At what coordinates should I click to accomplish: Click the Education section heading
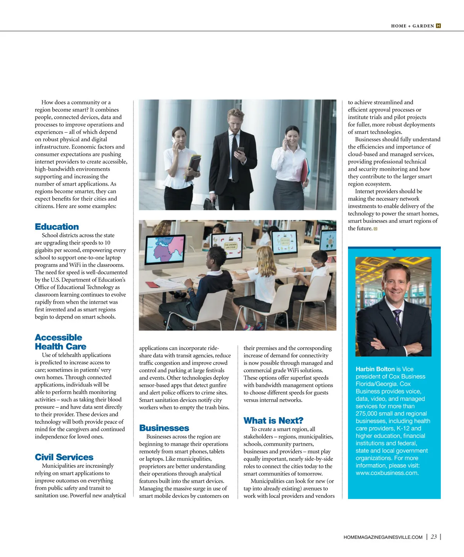[x=57, y=227]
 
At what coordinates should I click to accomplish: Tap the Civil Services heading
[x=64, y=457]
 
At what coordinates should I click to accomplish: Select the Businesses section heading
[x=164, y=428]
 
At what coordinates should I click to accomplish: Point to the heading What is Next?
[x=273, y=420]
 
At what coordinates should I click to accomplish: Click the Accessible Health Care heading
[x=60, y=342]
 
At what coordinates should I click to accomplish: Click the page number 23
[x=434, y=536]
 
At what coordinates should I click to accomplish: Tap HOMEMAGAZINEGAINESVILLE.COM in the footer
[x=383, y=537]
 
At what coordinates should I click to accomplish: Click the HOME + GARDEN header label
[x=412, y=26]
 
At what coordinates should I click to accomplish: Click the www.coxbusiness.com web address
[x=387, y=473]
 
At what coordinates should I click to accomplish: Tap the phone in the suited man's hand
[x=241, y=150]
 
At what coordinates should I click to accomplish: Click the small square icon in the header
[x=438, y=26]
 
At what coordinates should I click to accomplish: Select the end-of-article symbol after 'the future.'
[x=375, y=229]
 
